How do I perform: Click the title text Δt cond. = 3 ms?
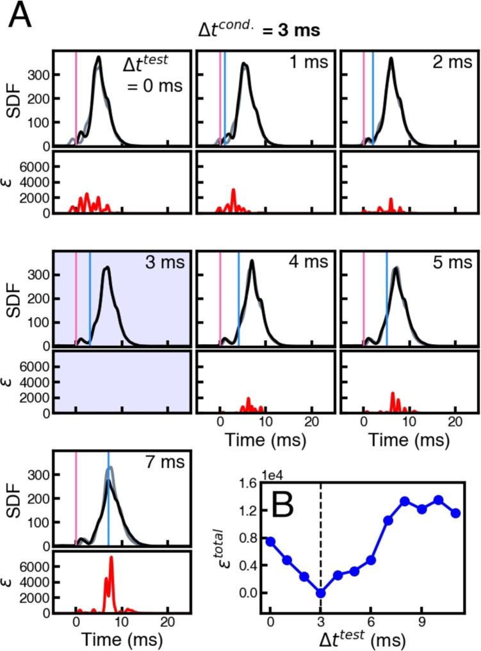[x=259, y=29]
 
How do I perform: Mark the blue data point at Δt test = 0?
[x=270, y=541]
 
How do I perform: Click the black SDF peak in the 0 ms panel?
[x=99, y=58]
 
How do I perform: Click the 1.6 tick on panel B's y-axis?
[x=248, y=483]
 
